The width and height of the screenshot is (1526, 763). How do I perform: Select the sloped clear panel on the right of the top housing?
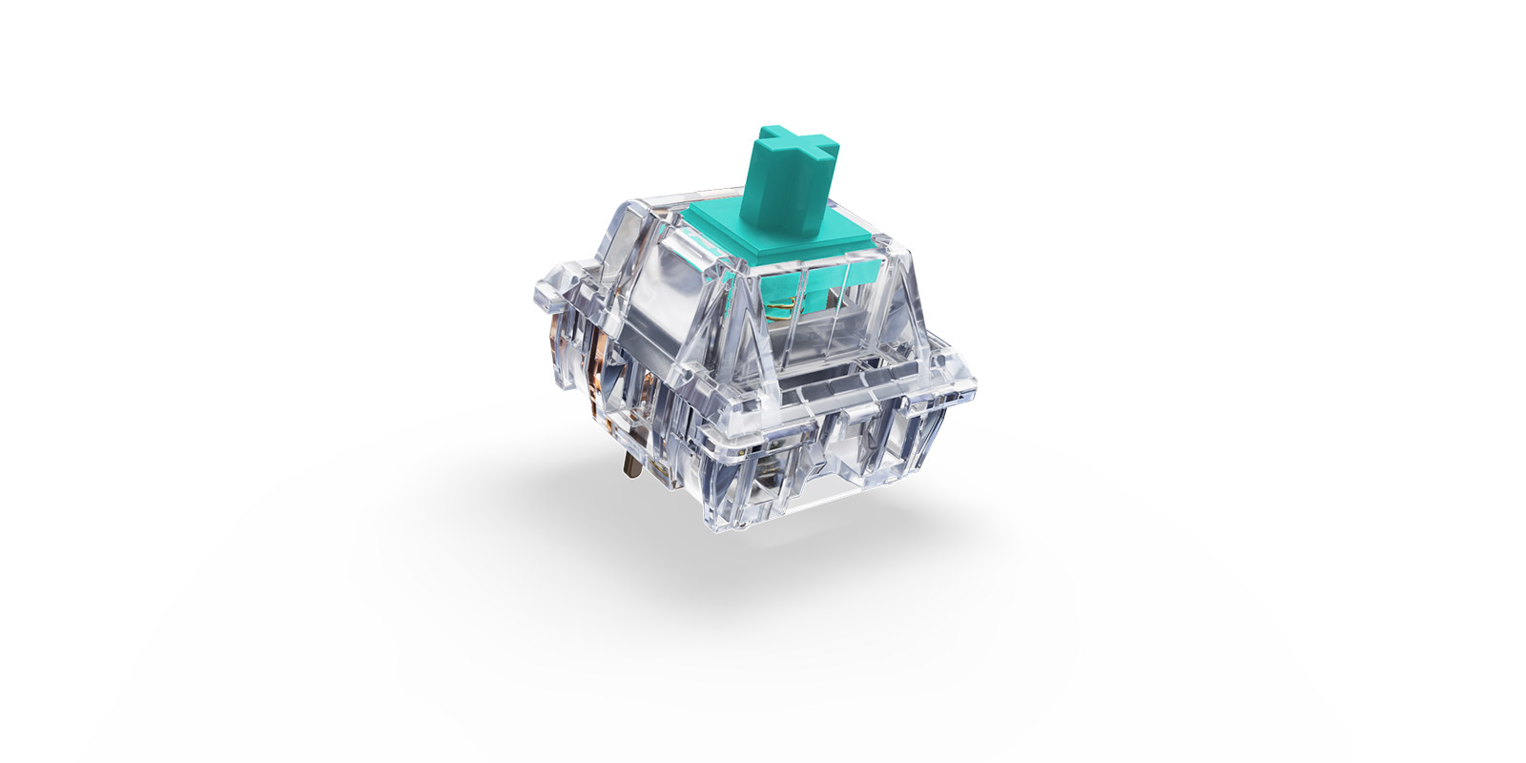[x=906, y=305]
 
